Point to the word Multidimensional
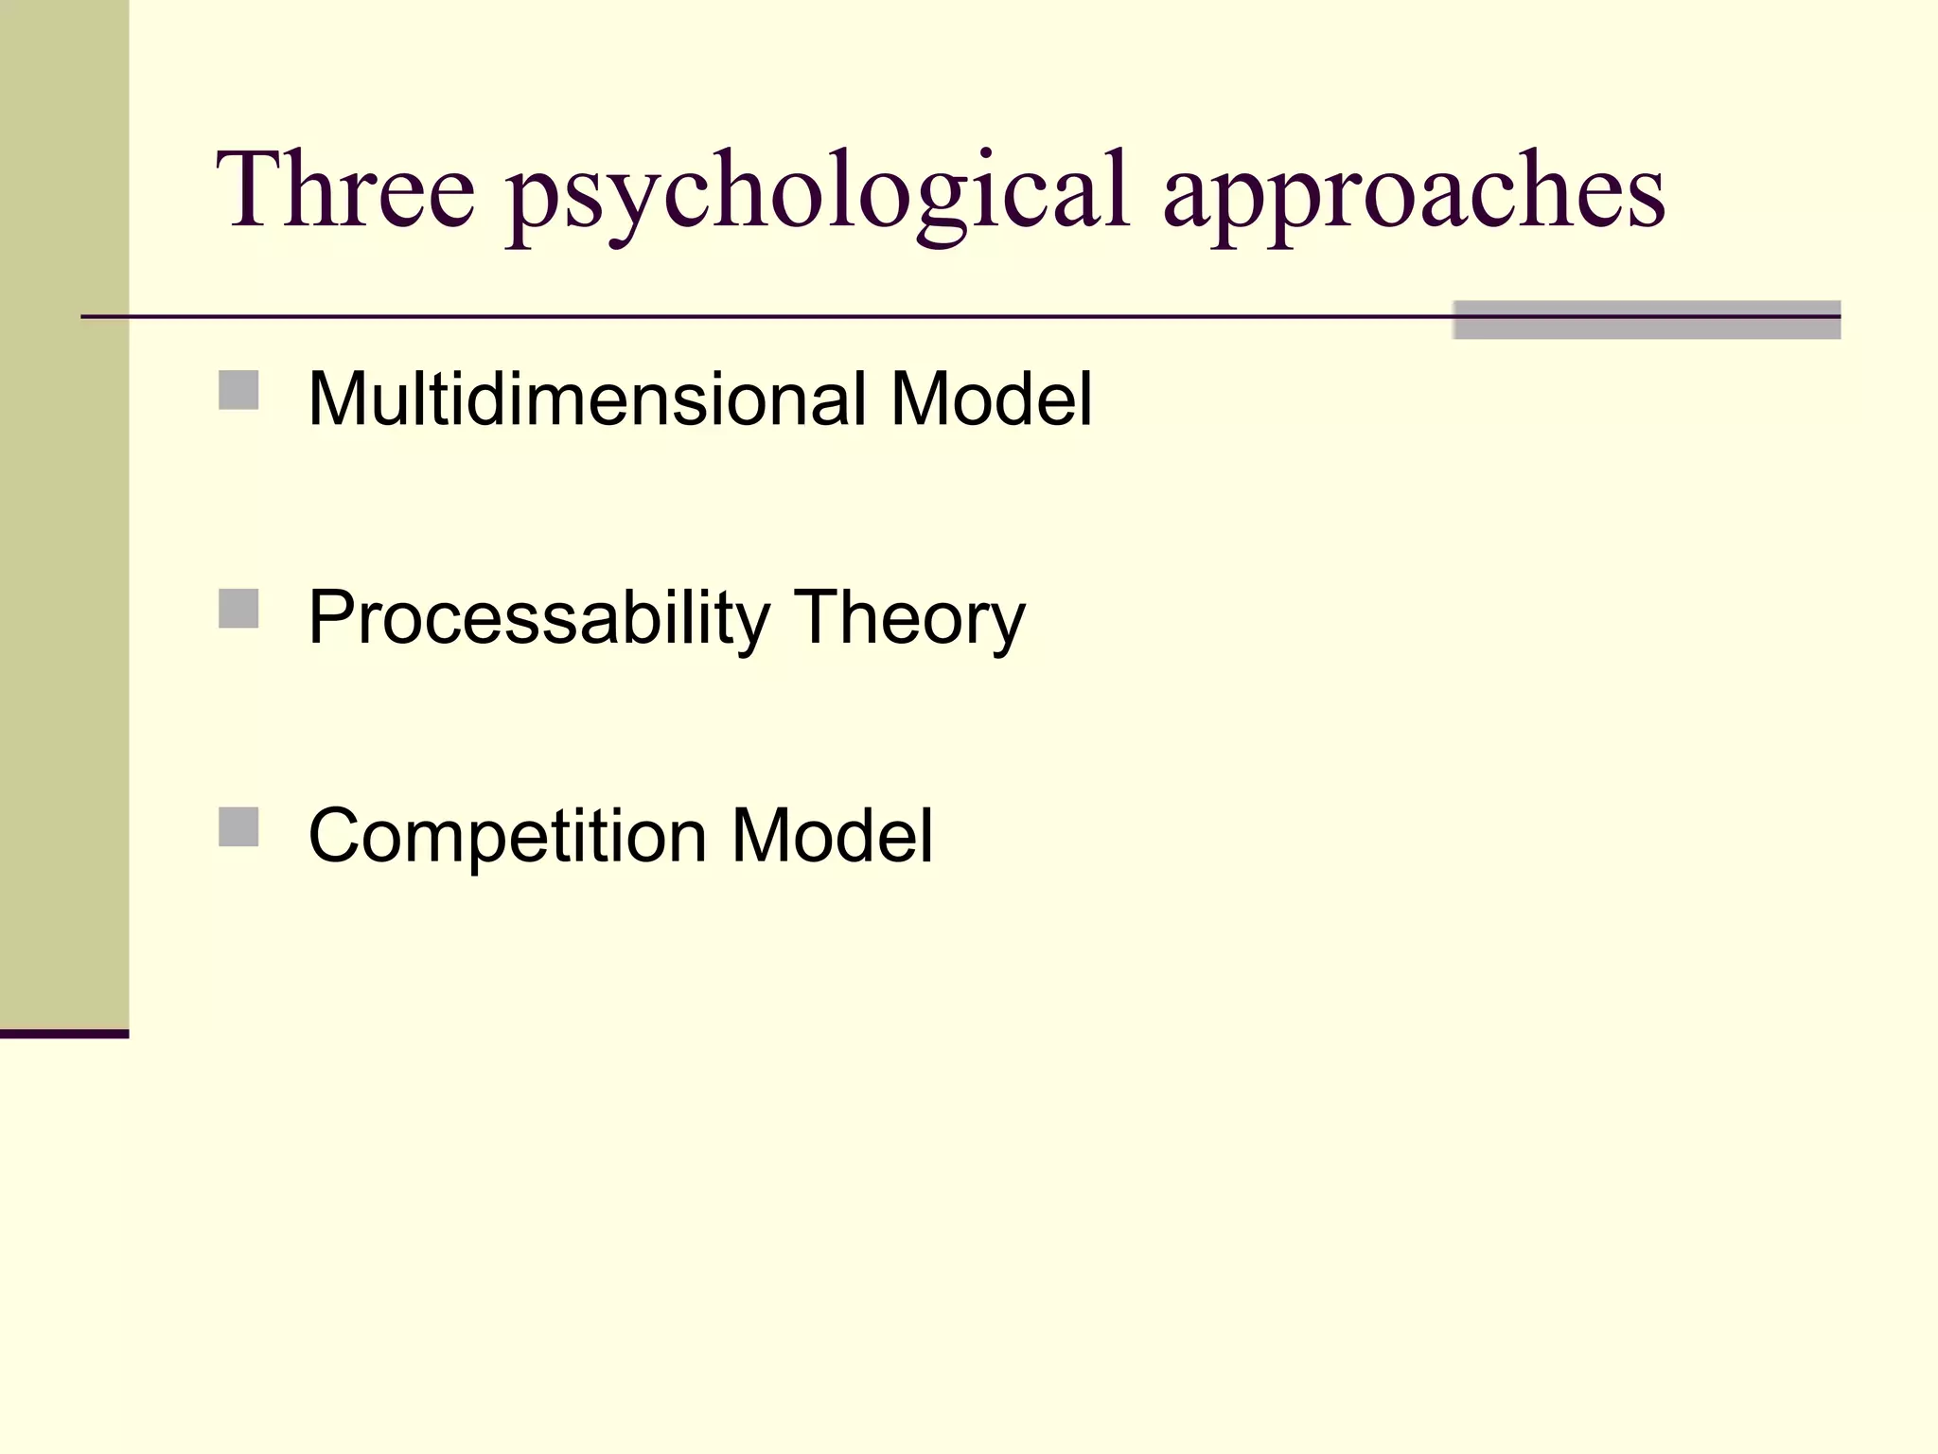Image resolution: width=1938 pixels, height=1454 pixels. click(x=587, y=399)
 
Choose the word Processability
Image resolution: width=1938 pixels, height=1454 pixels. click(x=539, y=617)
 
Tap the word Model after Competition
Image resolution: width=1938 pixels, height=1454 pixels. click(x=832, y=836)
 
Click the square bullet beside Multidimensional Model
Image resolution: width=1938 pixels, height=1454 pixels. click(x=238, y=390)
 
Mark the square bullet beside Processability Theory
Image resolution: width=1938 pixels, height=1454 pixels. click(x=238, y=609)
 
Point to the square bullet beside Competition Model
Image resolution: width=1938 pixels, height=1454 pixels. click(x=238, y=826)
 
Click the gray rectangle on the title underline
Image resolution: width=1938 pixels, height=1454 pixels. click(x=1647, y=320)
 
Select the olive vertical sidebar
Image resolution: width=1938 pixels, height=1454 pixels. click(x=64, y=511)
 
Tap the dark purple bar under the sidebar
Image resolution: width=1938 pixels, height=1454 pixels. click(x=64, y=1034)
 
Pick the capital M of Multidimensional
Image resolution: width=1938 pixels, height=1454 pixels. click(x=338, y=399)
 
